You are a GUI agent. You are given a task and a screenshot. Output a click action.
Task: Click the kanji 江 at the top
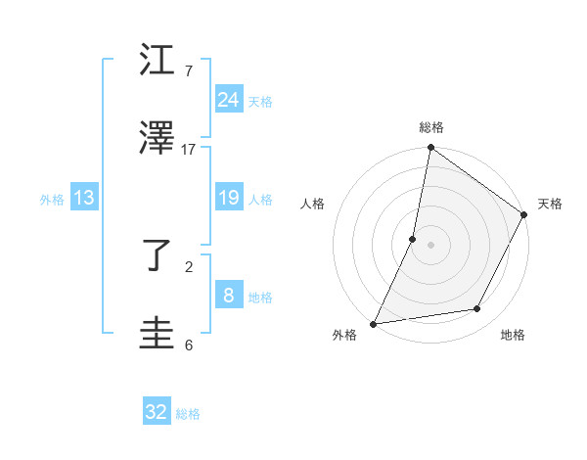(x=159, y=61)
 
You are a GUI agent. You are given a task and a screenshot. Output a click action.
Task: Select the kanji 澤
(x=159, y=139)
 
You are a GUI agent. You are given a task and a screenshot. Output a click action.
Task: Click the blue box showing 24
(x=228, y=100)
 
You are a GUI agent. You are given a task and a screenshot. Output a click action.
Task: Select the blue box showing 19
(x=228, y=198)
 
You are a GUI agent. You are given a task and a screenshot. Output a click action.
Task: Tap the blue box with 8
(x=228, y=296)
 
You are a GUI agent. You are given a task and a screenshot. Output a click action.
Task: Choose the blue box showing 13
(x=84, y=198)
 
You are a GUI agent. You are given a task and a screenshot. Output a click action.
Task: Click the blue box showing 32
(x=157, y=412)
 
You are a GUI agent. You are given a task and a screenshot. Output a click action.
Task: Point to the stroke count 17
(x=189, y=150)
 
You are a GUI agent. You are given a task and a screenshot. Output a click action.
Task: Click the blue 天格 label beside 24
(x=260, y=101)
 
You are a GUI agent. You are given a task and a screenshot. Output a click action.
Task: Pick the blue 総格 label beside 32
(x=188, y=414)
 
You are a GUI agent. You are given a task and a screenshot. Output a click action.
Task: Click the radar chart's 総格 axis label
(x=431, y=128)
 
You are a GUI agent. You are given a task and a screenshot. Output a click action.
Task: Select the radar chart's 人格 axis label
(x=313, y=204)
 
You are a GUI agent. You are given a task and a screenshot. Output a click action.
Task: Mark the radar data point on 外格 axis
(x=374, y=323)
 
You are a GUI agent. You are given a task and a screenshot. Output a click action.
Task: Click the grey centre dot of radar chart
(x=431, y=244)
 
